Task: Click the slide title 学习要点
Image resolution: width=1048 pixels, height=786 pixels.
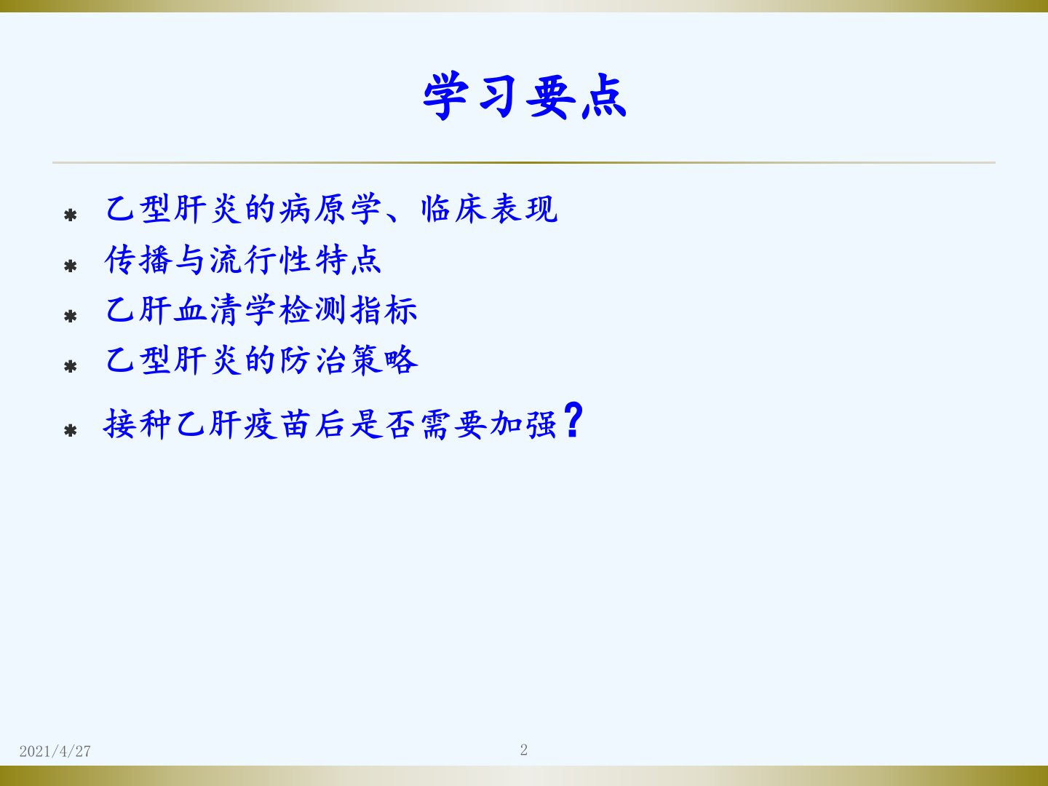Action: (524, 96)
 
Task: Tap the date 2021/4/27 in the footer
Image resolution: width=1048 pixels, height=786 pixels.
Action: (55, 751)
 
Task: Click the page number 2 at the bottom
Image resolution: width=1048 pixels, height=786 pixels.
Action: (524, 750)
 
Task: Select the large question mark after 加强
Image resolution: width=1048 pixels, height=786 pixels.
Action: (573, 420)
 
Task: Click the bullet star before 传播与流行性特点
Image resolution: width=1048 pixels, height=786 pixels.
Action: (71, 266)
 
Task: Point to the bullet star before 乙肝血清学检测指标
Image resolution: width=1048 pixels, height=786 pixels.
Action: (71, 317)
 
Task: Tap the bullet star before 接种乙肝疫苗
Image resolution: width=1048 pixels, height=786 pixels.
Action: (71, 431)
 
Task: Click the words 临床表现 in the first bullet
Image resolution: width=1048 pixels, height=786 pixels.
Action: (489, 209)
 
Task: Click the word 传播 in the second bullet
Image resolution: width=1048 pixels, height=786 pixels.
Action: (138, 260)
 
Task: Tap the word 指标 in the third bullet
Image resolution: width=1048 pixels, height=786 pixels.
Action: (384, 310)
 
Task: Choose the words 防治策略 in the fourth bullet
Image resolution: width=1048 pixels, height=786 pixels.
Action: (349, 360)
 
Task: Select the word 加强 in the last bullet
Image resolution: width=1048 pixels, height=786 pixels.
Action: (524, 424)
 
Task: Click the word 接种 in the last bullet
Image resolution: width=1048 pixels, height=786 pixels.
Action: (137, 424)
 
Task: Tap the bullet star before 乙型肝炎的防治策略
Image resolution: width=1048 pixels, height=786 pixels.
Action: (71, 367)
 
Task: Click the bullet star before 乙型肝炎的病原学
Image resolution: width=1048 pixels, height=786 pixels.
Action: (71, 215)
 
